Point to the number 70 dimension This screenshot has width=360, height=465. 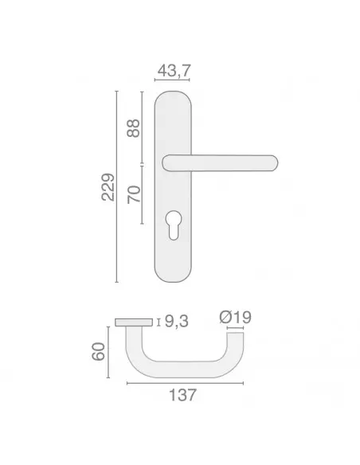(134, 193)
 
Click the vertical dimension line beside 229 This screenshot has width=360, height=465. (117, 187)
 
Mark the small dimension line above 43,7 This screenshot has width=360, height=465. (174, 81)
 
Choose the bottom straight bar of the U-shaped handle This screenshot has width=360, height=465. (186, 371)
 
